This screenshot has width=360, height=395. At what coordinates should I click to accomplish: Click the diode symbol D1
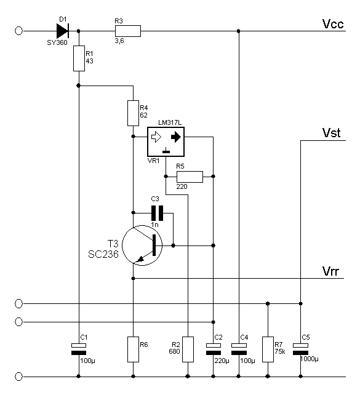point(63,31)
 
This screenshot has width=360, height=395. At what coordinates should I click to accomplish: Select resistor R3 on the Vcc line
point(128,31)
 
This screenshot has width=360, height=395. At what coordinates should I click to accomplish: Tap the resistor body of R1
point(79,58)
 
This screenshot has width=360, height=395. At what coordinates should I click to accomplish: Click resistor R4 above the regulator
point(133,113)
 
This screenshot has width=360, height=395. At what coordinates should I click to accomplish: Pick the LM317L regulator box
point(166,142)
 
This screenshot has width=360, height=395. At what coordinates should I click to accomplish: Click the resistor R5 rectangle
point(190,177)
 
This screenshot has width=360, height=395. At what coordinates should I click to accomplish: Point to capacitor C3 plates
point(157,213)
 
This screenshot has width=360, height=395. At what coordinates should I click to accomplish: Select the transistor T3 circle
point(142,245)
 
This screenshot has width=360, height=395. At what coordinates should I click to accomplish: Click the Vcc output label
point(333,24)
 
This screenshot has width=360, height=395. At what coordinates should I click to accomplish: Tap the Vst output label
point(331,133)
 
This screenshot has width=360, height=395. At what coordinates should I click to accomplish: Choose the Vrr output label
point(330,271)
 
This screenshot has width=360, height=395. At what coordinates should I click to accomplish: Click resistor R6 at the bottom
point(133,349)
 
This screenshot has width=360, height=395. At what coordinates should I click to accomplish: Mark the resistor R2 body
point(188,349)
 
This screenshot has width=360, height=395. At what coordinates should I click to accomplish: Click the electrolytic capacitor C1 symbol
point(79,349)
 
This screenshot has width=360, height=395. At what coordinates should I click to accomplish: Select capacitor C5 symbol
point(300,349)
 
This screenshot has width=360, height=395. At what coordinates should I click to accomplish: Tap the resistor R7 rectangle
point(268,349)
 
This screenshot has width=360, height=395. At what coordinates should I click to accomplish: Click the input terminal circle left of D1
point(19,31)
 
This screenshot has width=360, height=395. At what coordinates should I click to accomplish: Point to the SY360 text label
point(57,42)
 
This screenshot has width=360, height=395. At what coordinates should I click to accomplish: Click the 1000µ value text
point(310,359)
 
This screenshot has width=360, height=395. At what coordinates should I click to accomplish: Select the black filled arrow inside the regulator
point(176,137)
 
